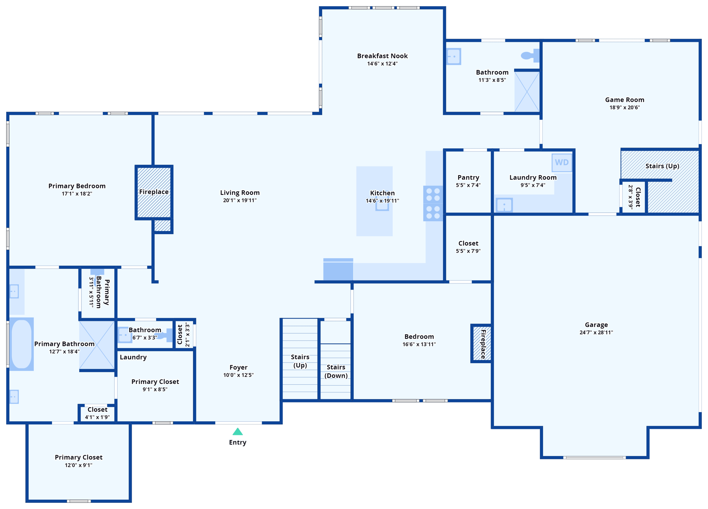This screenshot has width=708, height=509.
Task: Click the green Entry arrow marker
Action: pos(237,432)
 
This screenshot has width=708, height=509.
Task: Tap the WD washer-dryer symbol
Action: pos(562,162)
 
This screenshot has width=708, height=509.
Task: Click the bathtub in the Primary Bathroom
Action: pos(21,344)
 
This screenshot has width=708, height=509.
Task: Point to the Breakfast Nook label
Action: pos(382,56)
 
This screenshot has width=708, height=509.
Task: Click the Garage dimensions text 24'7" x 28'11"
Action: pos(596,333)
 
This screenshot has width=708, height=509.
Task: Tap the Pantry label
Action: pos(468,177)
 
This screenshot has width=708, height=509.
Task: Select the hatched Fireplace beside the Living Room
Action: pos(154,192)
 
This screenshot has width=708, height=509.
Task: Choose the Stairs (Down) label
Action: pos(336,371)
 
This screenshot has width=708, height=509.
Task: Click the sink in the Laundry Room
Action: pos(504,205)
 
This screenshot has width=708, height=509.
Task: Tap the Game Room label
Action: pos(624,100)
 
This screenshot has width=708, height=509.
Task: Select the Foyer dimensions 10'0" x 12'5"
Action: pos(238,375)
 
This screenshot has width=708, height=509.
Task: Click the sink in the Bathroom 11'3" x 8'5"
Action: pos(454,56)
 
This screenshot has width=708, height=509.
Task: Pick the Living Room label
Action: pos(240,193)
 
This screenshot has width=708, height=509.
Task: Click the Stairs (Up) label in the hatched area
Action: pos(662,166)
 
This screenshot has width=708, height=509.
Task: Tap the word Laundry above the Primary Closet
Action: pos(133,357)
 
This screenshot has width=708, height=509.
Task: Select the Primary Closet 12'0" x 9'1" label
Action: pos(78,458)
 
